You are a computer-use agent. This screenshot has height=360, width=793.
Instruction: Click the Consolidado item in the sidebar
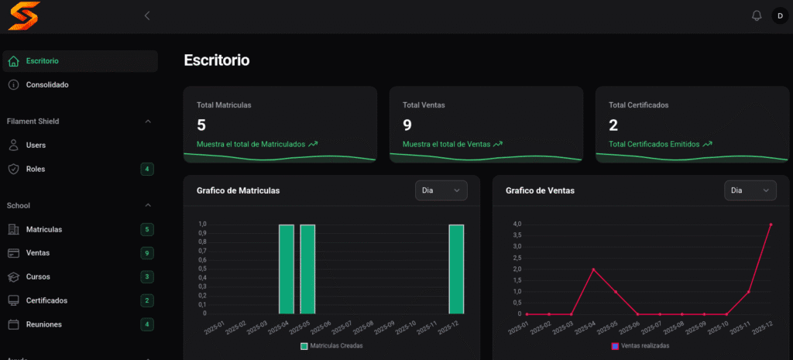coord(47,85)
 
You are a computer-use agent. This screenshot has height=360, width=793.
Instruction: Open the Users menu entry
coord(36,145)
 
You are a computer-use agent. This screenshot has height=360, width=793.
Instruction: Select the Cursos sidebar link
coord(38,277)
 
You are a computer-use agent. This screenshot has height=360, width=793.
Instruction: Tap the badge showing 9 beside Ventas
coord(147,253)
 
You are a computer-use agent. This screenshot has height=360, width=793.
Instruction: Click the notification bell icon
coord(757,15)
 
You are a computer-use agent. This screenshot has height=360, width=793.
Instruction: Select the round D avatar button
coord(781,15)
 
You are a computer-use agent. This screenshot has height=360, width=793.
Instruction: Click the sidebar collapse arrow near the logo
coord(147,15)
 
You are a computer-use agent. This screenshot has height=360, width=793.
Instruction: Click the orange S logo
coord(24,15)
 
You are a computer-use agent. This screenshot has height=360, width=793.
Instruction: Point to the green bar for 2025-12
coord(456,269)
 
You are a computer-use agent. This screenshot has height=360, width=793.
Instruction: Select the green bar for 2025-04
coord(287,269)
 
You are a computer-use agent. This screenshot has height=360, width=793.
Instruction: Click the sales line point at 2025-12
coord(771,225)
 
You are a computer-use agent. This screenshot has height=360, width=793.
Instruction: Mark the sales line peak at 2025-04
coord(593,269)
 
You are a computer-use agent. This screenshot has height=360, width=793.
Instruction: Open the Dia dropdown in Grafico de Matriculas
coord(441,190)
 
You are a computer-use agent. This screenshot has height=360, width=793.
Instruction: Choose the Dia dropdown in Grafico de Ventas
coord(750,190)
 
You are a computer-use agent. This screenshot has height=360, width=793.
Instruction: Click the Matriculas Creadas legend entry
coord(331,346)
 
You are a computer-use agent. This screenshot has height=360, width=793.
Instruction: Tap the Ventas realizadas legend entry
coord(640,346)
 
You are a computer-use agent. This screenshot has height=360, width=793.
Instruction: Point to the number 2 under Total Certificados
coord(613,125)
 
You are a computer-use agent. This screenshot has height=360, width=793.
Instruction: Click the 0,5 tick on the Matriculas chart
coord(202,269)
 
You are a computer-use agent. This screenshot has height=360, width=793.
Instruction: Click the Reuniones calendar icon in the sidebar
coord(14,324)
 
